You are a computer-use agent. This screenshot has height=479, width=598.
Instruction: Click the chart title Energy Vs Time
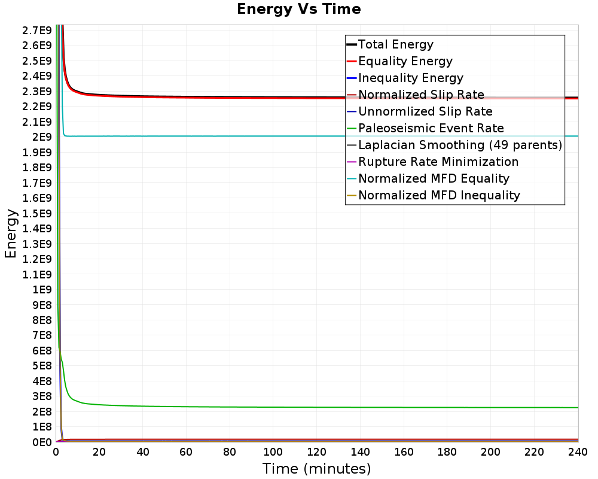pyautogui.click(x=298, y=9)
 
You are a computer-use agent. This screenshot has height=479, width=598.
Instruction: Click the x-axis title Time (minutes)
pyautogui.click(x=316, y=468)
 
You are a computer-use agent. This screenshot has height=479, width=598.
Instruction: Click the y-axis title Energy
pyautogui.click(x=11, y=234)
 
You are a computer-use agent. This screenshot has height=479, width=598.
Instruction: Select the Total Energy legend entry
pyautogui.click(x=390, y=44)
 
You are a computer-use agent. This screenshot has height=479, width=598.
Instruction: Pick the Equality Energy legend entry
pyautogui.click(x=399, y=61)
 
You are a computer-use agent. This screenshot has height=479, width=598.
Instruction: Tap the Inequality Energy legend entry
pyautogui.click(x=405, y=78)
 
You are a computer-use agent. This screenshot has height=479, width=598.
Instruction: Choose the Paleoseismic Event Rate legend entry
pyautogui.click(x=425, y=128)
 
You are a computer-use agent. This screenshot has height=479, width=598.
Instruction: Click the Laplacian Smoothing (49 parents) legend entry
pyautogui.click(x=454, y=145)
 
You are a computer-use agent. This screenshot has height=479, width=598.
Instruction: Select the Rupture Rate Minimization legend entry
pyautogui.click(x=432, y=162)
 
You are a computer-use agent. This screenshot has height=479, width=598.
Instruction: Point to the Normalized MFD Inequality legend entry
pyautogui.click(x=433, y=196)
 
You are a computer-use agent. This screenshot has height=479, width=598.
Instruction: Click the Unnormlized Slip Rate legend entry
pyautogui.click(x=420, y=111)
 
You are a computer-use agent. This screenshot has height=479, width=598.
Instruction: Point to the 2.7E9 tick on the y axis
pyautogui.click(x=37, y=31)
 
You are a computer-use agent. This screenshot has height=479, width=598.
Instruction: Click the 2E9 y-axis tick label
pyautogui.click(x=42, y=137)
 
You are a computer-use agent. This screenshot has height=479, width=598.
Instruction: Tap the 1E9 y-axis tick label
pyautogui.click(x=42, y=290)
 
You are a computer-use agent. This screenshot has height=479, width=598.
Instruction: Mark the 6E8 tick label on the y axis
pyautogui.click(x=42, y=351)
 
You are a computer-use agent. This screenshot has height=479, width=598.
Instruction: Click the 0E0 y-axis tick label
pyautogui.click(x=42, y=442)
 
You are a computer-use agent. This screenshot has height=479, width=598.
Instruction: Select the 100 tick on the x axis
pyautogui.click(x=273, y=452)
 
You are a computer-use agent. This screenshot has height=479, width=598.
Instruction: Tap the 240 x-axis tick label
pyautogui.click(x=578, y=452)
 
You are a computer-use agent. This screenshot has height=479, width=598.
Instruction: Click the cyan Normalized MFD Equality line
pyautogui.click(x=321, y=136)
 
